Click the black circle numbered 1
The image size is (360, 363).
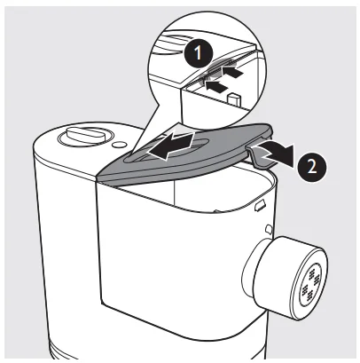pyautogui.click(x=198, y=54)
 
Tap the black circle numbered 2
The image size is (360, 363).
pyautogui.click(x=312, y=167)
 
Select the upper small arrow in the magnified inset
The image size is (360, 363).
pyautogui.click(x=234, y=72)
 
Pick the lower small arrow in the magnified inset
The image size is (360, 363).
pyautogui.click(x=217, y=86)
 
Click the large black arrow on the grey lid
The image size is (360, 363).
pyautogui.click(x=172, y=146)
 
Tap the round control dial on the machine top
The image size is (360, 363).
pyautogui.click(x=85, y=138)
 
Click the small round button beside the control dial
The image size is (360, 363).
pyautogui.click(x=120, y=145)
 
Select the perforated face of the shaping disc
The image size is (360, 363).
pyautogui.click(x=310, y=287)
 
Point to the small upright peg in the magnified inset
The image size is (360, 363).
pyautogui.click(x=234, y=99)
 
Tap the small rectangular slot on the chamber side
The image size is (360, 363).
pyautogui.click(x=260, y=205)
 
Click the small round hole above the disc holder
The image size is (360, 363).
pyautogui.click(x=269, y=229)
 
